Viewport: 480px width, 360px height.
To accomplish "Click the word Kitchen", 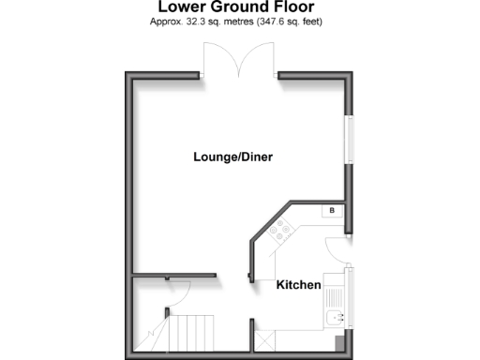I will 298,284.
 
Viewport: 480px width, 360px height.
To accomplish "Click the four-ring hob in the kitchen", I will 280,225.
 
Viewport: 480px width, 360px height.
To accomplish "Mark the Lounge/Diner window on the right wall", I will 350,141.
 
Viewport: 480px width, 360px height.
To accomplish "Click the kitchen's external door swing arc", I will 336,247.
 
